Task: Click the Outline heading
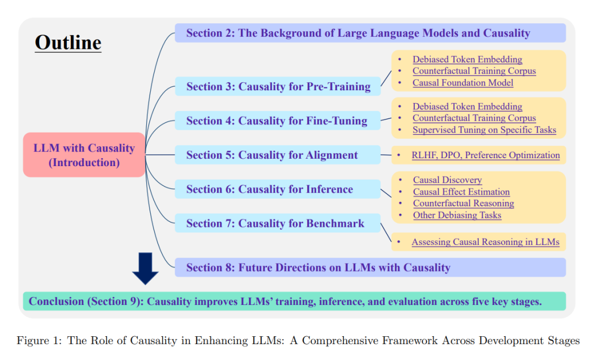point(68,43)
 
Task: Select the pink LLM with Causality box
point(84,155)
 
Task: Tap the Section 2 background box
point(370,33)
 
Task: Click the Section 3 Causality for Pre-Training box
point(278,86)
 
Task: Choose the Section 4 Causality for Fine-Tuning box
point(278,121)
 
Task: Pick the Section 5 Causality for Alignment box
point(278,155)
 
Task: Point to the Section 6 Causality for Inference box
point(278,189)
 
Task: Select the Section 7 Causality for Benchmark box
point(278,223)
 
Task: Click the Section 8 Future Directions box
point(370,268)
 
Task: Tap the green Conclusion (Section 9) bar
point(294,302)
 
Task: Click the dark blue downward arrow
point(145,269)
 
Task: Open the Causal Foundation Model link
point(463,83)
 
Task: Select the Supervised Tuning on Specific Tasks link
point(484,130)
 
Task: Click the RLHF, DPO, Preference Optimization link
point(486,155)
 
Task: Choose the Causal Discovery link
point(447,180)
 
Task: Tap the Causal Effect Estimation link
point(461,192)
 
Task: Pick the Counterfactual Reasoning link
point(464,204)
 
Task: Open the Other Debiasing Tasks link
point(457,215)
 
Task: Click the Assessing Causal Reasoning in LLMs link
point(486,242)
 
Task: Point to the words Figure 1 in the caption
point(39,341)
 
